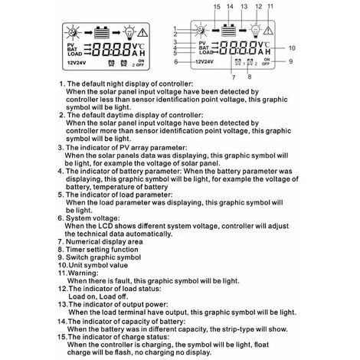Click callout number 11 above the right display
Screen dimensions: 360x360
tap(292, 6)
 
